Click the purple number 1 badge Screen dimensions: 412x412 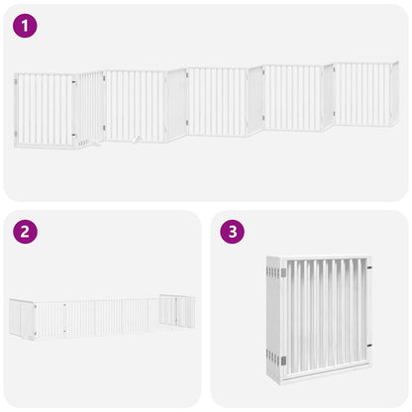(x=25, y=25)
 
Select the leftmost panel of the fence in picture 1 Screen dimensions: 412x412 (x=46, y=110)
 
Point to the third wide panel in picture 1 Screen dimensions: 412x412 (x=217, y=101)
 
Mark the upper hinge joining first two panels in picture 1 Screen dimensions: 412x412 (x=75, y=84)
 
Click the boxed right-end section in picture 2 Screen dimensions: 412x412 (x=177, y=311)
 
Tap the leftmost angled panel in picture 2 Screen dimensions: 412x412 (x=22, y=319)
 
